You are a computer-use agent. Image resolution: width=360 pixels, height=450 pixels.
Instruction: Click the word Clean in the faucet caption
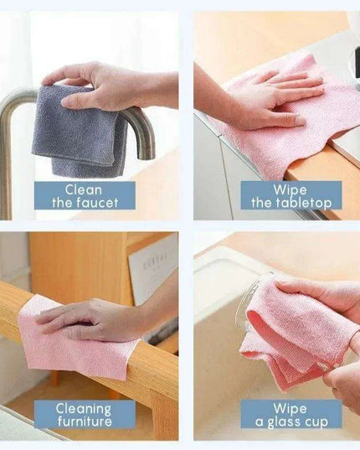click(x=83, y=189)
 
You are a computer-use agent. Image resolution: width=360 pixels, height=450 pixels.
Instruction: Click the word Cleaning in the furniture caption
click(x=84, y=408)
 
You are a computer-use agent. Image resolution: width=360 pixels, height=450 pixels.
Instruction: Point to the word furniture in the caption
click(x=84, y=421)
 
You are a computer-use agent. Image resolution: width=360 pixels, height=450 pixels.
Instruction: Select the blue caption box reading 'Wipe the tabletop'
click(x=291, y=195)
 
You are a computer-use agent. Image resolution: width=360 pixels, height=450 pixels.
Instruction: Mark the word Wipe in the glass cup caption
click(x=291, y=408)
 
